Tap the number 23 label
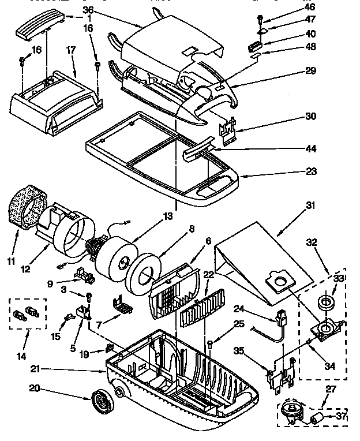coord(311,171)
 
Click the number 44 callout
coord(311,148)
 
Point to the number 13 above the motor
coord(168,216)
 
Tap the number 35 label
coord(239,350)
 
